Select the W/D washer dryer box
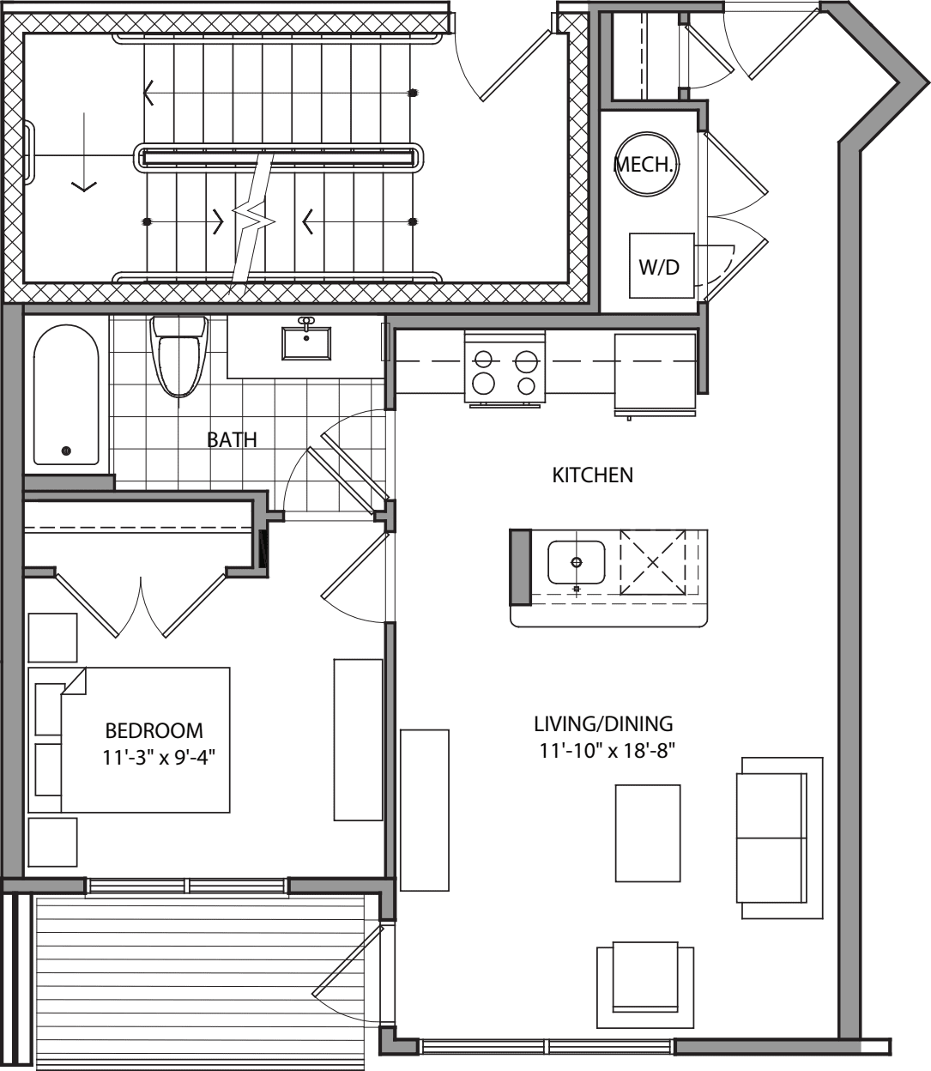point(660,266)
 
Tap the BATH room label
point(232,440)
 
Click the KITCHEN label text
point(592,475)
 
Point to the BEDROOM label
point(154,731)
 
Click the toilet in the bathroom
point(180,354)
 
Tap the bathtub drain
point(66,451)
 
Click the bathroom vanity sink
point(306,342)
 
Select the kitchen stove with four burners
point(505,370)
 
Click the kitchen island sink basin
point(576,562)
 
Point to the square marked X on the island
point(653,563)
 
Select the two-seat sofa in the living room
point(773,838)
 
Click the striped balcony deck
point(202,978)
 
